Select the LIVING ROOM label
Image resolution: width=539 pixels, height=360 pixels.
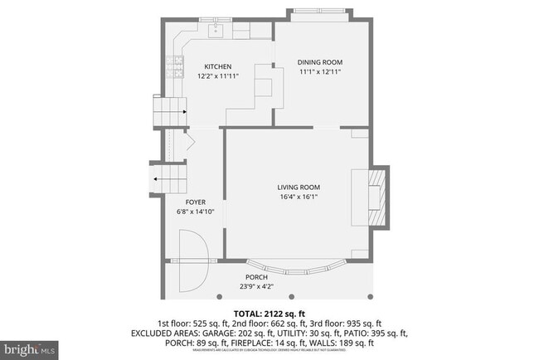point(299,187)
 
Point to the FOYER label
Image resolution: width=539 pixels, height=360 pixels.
point(196,202)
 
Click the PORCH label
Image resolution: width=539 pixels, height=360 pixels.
point(256,278)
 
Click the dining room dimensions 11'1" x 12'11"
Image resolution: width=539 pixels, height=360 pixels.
point(320,71)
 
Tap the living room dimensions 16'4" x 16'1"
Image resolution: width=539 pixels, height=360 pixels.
point(299,197)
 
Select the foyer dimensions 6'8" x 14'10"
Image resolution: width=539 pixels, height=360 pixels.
point(196,212)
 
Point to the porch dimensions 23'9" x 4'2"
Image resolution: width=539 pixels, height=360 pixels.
point(256,287)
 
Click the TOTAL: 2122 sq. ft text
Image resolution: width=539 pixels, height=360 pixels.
point(269,313)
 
